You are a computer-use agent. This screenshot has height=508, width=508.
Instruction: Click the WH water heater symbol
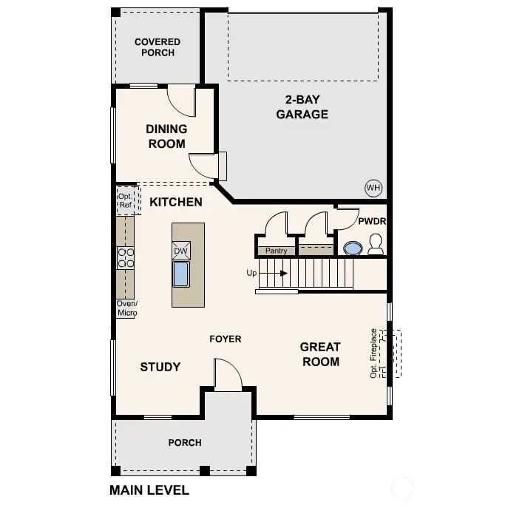coord(373,188)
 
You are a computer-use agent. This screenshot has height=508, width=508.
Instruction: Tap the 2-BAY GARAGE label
coord(302,107)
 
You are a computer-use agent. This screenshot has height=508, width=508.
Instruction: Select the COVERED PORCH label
coord(158,47)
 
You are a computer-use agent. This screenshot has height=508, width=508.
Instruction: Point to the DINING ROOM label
coord(166,136)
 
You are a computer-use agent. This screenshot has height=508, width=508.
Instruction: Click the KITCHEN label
coord(176,201)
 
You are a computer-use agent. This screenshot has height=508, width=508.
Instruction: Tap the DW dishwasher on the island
coord(181,251)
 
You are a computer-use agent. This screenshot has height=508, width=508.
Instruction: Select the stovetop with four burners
coord(126,257)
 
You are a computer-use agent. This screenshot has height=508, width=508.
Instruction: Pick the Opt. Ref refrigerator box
coord(125,200)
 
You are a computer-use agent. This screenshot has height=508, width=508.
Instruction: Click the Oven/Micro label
coord(126,308)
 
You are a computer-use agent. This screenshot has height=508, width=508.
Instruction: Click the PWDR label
coord(373,221)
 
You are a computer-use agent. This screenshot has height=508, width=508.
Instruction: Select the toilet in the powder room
coord(375,245)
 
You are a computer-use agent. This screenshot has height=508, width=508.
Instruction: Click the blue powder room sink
coord(353,248)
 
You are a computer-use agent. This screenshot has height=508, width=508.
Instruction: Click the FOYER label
coord(226,339)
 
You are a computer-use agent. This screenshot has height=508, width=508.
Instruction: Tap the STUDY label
coord(160,367)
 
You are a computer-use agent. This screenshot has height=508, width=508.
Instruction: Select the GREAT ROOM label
coord(320,354)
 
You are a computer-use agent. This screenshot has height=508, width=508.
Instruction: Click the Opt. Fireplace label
coord(374,353)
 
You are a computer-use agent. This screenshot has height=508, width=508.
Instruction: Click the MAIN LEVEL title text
coord(149,490)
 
